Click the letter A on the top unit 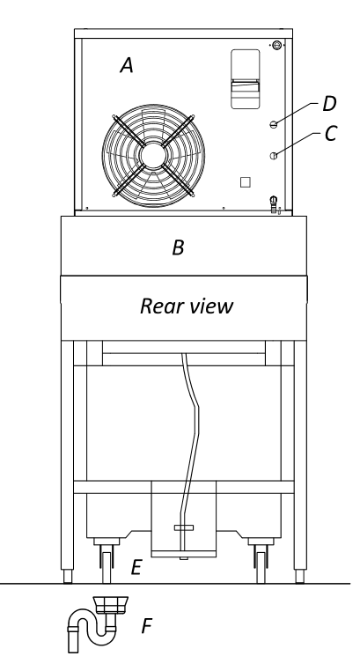tap(127, 65)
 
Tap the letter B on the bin tap(178, 247)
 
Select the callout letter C tap(331, 134)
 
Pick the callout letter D tap(329, 103)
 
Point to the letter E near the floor tap(136, 568)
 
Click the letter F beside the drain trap tap(146, 626)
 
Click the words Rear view tap(187, 306)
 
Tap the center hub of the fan tap(153, 155)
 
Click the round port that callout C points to tap(274, 156)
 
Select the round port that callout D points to tap(274, 124)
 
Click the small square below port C tap(246, 182)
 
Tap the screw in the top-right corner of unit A tap(276, 45)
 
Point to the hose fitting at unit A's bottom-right tap(274, 204)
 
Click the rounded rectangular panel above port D tap(246, 79)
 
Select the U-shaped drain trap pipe tap(92, 626)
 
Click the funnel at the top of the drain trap tap(110, 606)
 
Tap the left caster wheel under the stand tap(107, 567)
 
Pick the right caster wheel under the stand tap(261, 567)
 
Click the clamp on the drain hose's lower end tap(184, 527)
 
